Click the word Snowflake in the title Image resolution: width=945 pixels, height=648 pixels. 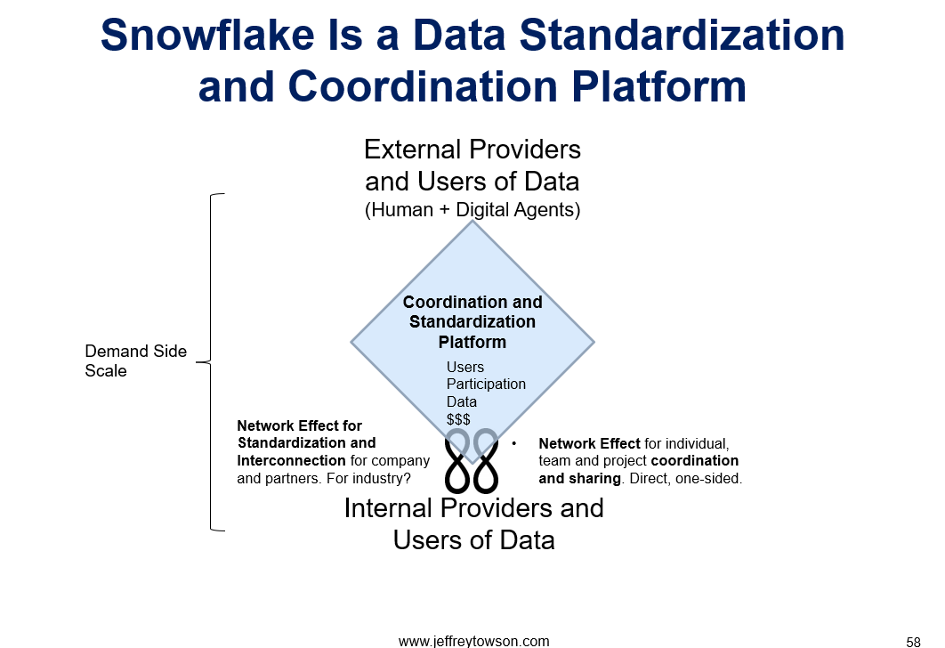tap(207, 35)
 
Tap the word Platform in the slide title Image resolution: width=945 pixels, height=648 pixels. tap(658, 86)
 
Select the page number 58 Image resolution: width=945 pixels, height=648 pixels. tap(913, 642)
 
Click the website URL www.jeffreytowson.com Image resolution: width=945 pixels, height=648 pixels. tap(473, 642)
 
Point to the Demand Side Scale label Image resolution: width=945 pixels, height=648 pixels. tap(135, 360)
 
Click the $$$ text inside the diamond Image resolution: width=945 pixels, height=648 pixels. tap(458, 419)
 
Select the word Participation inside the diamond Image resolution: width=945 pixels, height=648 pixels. tap(486, 384)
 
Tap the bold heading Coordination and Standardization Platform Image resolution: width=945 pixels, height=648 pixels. tap(472, 322)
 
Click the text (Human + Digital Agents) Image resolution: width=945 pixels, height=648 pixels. tap(472, 210)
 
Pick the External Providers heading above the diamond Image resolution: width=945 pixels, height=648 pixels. tap(472, 149)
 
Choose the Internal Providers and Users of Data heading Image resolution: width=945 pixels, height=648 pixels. tap(473, 523)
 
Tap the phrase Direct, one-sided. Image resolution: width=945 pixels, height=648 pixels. tap(686, 479)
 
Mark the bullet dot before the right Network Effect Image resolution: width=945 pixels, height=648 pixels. tap(514, 443)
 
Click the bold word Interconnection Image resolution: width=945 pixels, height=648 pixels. tap(291, 460)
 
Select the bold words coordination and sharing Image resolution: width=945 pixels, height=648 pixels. tap(639, 470)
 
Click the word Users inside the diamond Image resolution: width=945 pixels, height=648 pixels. tap(465, 367)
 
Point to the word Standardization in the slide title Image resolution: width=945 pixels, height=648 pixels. tap(682, 35)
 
